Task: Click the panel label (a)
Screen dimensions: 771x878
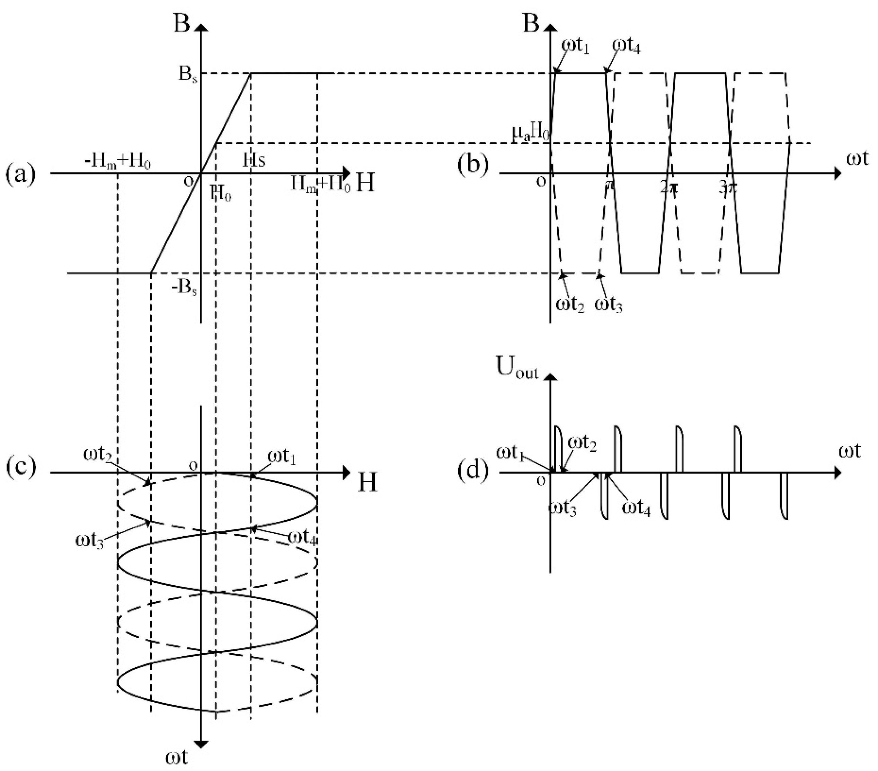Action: click(20, 174)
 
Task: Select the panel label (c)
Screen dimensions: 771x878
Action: click(20, 467)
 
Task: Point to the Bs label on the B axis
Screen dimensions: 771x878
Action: click(188, 75)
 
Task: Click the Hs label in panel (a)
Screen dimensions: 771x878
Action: click(254, 161)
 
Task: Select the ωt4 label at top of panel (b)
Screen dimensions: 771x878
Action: click(626, 45)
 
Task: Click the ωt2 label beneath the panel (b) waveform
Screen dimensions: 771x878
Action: click(570, 305)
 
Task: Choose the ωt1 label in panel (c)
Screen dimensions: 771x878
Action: click(282, 457)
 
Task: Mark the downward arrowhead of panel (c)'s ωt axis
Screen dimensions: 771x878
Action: click(201, 744)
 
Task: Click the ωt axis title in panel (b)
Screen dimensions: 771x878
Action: click(857, 159)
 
